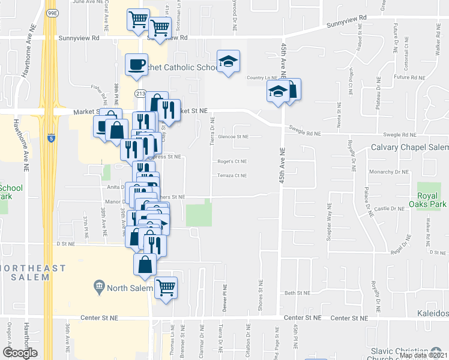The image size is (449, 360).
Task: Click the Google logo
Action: coord(19,353)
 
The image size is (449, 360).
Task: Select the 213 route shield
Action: coord(140,94)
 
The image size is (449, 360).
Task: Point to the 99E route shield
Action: coord(52,12)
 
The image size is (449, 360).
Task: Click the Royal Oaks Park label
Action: coord(432,200)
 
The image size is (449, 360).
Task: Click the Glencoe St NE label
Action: coord(234,136)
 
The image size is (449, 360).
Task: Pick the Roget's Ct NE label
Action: coord(232,161)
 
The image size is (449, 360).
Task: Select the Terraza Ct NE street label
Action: coord(232,176)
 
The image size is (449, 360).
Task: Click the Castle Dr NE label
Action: coord(389,208)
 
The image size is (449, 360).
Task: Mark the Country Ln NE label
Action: coord(261,78)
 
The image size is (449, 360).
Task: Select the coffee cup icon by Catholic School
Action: coord(136,64)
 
